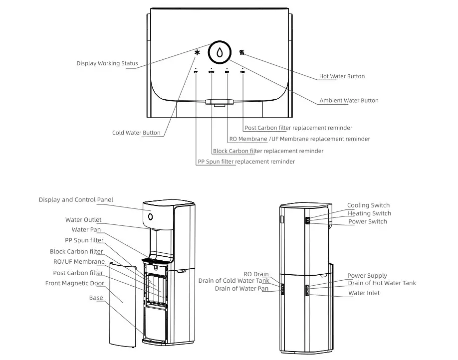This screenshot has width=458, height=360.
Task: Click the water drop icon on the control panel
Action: coord(220,52)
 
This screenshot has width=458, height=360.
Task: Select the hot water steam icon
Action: coord(242,52)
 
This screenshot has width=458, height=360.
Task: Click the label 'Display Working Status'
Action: coord(107,63)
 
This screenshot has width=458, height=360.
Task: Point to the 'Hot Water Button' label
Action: coord(342,76)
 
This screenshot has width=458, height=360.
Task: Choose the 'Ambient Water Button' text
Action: coord(349,100)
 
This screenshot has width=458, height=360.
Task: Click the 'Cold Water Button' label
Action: coord(136,133)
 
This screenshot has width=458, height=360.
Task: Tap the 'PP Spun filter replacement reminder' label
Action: coord(246,162)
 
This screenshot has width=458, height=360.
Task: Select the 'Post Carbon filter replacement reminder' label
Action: coord(298,128)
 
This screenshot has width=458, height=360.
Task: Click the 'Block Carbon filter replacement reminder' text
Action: coord(268,151)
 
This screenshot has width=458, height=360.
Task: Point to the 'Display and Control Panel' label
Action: coord(76,199)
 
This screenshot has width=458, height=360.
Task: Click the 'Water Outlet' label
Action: coord(83,219)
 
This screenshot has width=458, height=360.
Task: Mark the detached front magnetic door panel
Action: coord(122,304)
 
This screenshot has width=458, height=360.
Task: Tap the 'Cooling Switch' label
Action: coord(368,205)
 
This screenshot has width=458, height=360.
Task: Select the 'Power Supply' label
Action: coord(367,275)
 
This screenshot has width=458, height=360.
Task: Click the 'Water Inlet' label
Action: coord(364,293)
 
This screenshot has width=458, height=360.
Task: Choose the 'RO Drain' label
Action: coord(256,274)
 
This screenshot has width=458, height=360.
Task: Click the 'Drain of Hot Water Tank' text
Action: coord(381,283)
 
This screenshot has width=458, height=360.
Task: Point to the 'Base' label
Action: coord(96,298)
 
